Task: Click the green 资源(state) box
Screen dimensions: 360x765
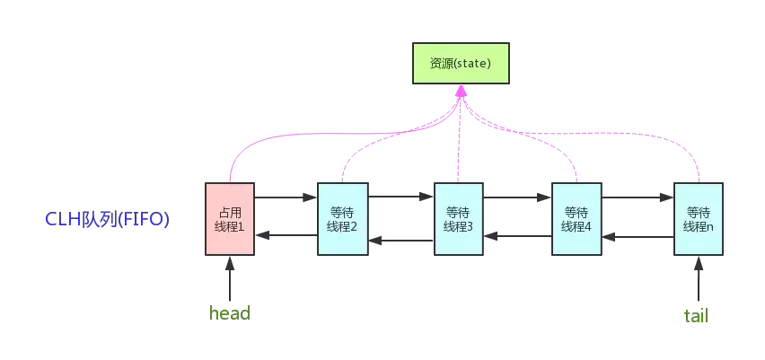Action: pos(461,64)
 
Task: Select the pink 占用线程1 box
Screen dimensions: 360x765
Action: pos(230,219)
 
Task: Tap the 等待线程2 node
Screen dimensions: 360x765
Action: pos(342,219)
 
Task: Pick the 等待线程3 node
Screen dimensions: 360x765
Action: pos(459,219)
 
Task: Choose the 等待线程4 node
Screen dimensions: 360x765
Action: pos(576,219)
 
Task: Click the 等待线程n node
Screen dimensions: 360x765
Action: pos(699,219)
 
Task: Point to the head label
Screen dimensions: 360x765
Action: pos(229,313)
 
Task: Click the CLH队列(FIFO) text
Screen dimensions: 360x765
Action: pos(107,219)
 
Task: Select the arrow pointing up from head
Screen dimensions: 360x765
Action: pos(230,279)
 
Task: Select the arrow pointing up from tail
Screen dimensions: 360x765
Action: pos(699,279)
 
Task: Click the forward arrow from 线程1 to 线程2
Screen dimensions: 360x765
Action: pos(286,197)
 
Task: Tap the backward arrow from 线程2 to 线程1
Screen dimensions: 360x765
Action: pos(286,235)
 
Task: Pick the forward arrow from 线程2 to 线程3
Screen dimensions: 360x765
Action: pos(400,197)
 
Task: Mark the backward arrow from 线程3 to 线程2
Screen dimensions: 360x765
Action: pos(400,240)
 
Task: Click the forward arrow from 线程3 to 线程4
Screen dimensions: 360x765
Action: pos(517,197)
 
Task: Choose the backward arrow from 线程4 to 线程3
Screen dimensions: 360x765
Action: pos(517,236)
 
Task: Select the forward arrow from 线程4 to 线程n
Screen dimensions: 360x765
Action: pos(637,197)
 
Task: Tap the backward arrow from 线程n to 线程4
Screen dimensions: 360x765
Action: pos(637,236)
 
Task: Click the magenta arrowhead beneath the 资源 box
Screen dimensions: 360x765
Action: pos(461,92)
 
